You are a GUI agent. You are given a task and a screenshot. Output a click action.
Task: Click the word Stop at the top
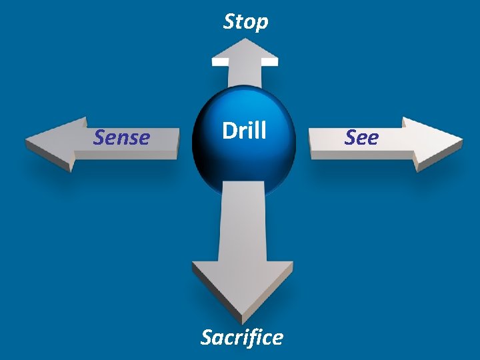[245, 22]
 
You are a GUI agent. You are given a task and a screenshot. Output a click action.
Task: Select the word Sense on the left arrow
[121, 137]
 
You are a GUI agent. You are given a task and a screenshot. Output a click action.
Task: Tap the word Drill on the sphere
[244, 131]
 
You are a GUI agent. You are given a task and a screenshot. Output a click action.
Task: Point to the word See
[361, 137]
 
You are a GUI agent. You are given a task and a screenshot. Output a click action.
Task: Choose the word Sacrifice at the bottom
[241, 337]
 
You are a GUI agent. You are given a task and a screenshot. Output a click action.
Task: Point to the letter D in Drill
[229, 131]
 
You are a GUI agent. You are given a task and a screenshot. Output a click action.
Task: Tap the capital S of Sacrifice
[207, 337]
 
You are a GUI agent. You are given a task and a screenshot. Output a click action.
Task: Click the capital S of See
[351, 137]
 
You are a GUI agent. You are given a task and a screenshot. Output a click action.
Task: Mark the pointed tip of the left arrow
[27, 141]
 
